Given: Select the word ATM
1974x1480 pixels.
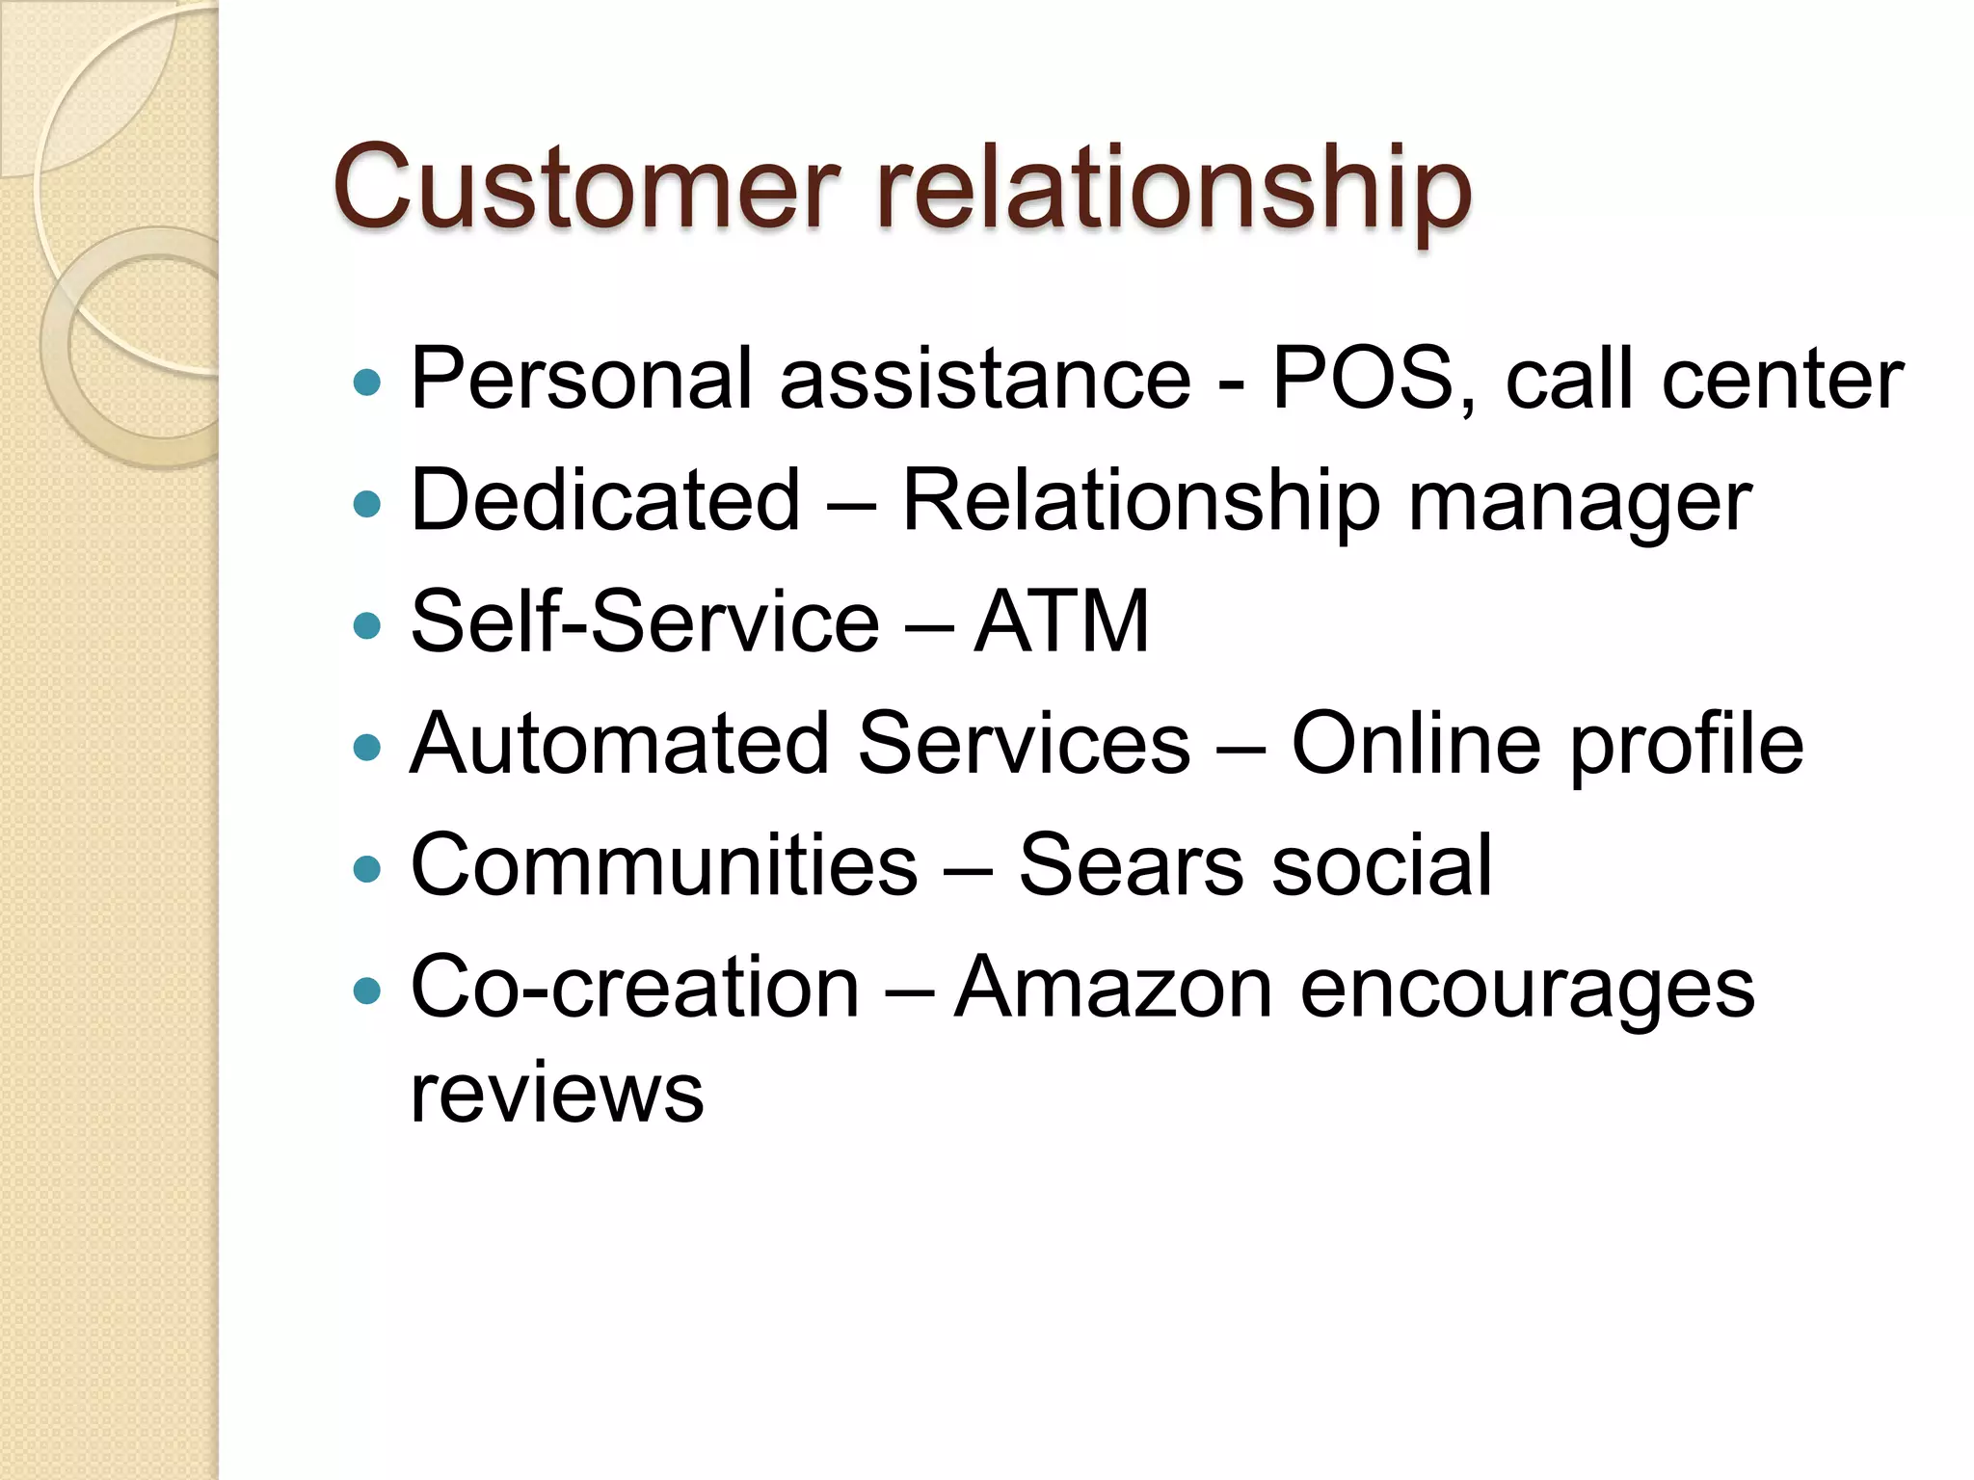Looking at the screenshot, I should click(x=1061, y=621).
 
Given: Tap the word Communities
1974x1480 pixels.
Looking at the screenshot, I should click(x=664, y=864).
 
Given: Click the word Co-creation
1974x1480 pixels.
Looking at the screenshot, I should click(x=634, y=987).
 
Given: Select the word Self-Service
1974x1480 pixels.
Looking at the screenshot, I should click(x=645, y=621).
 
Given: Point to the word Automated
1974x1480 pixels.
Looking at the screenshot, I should click(x=620, y=743).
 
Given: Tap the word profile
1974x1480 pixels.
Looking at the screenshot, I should click(x=1686, y=745).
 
